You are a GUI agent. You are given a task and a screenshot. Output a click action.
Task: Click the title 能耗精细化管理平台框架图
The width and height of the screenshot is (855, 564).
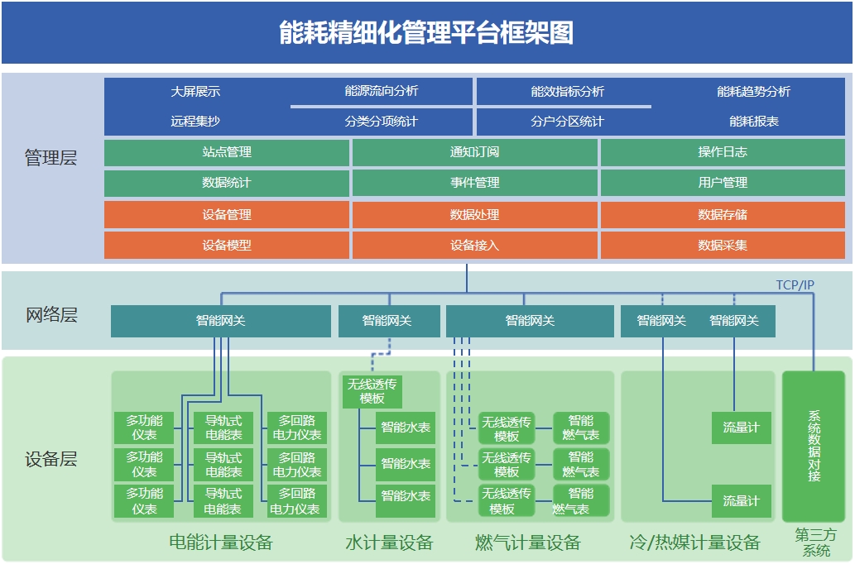[426, 33]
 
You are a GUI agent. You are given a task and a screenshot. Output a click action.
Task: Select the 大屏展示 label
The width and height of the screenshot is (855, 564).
[195, 92]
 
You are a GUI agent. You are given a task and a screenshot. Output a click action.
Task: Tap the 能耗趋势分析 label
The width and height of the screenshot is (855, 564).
[753, 92]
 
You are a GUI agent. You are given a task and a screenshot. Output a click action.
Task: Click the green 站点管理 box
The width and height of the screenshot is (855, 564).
[227, 152]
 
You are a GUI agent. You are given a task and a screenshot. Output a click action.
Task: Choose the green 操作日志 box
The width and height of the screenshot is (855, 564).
[723, 152]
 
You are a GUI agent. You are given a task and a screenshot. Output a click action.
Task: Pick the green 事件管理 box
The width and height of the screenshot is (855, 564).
[474, 183]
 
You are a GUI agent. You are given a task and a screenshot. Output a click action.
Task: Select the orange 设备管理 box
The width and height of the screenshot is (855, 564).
[227, 215]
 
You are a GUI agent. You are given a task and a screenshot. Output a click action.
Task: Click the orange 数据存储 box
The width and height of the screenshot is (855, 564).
[723, 215]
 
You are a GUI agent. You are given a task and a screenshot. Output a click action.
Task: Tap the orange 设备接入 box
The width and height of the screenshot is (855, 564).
[474, 246]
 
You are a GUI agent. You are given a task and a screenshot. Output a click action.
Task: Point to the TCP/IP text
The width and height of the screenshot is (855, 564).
[795, 285]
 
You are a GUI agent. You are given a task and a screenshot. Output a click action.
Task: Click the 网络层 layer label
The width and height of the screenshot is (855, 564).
[51, 315]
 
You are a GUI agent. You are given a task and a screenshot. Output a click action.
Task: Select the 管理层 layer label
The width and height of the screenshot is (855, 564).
[51, 158]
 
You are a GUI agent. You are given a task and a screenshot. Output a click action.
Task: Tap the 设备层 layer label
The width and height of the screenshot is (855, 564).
[51, 460]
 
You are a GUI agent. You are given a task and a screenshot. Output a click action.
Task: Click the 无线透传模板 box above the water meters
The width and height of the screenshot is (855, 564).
[372, 391]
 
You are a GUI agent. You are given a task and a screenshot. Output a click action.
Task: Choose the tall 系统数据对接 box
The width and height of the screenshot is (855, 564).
[814, 446]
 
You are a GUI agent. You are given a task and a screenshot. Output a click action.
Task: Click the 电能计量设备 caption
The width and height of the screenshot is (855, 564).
[220, 543]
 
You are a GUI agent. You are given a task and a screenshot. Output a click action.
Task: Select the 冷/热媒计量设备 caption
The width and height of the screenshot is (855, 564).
[694, 543]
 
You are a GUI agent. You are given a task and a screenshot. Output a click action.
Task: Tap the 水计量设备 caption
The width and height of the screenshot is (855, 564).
[389, 543]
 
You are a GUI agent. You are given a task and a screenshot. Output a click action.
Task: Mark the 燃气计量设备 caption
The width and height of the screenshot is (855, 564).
[528, 543]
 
